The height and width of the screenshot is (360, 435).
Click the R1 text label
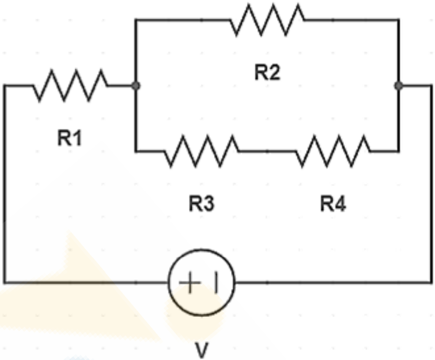70,138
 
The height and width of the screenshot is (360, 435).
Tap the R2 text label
268,72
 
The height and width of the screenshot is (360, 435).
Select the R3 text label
202,204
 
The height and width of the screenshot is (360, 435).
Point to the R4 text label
333,204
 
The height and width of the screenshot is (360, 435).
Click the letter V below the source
202,351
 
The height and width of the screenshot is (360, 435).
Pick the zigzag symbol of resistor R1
70,86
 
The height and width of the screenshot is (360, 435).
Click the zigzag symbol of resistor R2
267,20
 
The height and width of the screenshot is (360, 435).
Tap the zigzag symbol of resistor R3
202,151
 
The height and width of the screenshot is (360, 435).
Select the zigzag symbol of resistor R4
333,151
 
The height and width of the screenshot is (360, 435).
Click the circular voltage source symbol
202,249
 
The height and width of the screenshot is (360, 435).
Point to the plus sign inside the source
190,283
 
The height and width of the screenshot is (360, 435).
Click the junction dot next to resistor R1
135,86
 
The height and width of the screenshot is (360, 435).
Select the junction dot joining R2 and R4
399,86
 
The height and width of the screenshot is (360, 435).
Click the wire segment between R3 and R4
268,151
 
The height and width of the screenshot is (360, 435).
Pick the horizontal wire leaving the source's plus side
86,283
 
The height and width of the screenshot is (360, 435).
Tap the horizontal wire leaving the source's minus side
334,283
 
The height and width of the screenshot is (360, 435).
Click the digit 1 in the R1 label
77,138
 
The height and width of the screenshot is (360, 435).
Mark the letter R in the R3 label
195,204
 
